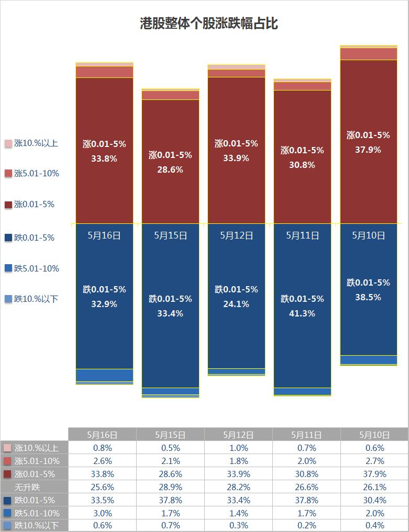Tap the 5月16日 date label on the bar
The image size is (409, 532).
(104, 235)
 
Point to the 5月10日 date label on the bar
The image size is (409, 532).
(368, 235)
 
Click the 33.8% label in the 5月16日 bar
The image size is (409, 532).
(104, 159)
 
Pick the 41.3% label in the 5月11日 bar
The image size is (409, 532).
(302, 313)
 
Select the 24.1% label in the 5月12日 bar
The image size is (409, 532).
(236, 303)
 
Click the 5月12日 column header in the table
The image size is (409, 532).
(238, 435)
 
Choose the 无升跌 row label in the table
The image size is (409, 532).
(35, 487)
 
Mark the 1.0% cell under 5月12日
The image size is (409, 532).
(238, 448)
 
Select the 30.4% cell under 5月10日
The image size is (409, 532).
(374, 500)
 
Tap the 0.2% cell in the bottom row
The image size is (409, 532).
(306, 526)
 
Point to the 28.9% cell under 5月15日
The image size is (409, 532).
(170, 487)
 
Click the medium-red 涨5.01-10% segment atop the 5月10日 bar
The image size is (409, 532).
(368, 54)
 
